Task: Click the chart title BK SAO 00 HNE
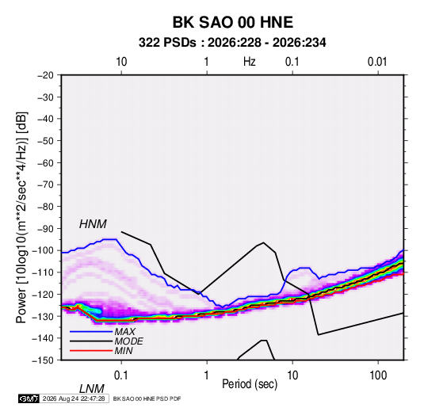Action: pos(232,22)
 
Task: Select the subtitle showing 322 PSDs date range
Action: pos(232,43)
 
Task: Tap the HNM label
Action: pos(93,224)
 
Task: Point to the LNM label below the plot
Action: pos(92,389)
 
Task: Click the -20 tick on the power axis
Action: pos(45,75)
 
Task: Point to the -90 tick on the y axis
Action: pos(45,228)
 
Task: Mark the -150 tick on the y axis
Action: pos(43,360)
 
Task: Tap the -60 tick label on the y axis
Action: pos(45,162)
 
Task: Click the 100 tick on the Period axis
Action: pos(378,375)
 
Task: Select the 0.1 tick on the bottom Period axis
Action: pos(121,375)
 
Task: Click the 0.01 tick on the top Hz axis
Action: pos(377,62)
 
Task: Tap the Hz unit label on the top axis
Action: pos(250,62)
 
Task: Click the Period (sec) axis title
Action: pos(250,384)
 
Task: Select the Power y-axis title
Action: pos(21,218)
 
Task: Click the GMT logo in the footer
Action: pos(29,398)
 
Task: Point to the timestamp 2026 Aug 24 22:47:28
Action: pos(74,398)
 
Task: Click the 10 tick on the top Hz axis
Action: pos(121,62)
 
